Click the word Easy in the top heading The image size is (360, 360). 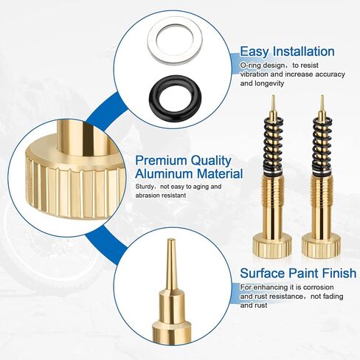255,52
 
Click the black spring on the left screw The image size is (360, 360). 273,145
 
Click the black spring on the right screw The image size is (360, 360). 322,145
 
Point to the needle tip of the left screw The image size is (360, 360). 273,95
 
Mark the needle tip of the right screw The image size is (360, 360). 322,95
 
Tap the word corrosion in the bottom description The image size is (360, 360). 319,287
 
